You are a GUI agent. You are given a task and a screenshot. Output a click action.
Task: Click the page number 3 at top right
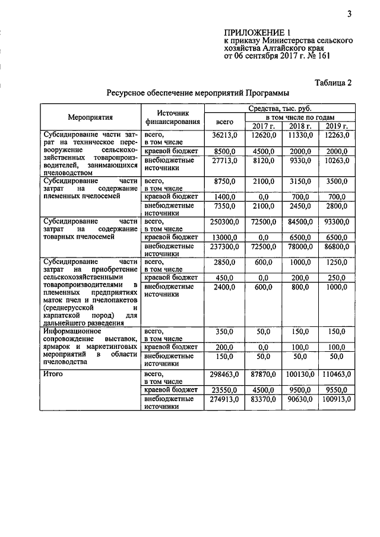350,14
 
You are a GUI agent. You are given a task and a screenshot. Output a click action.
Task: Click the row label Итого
53,374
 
